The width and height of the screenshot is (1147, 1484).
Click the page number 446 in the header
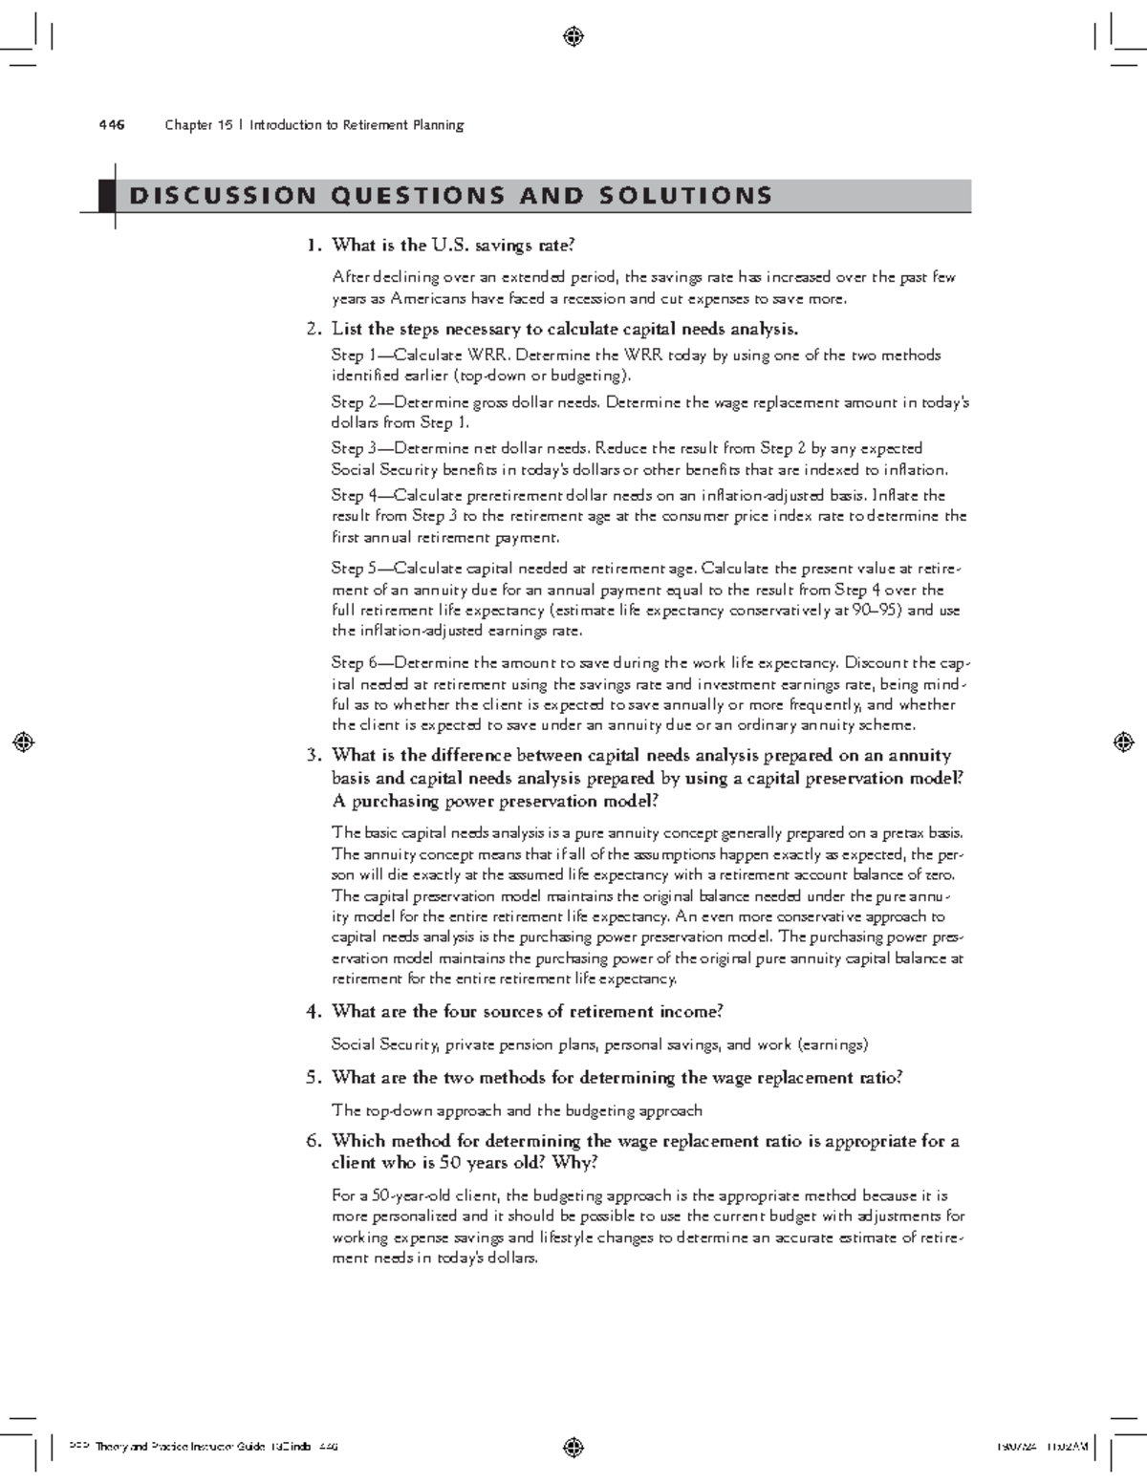(x=111, y=125)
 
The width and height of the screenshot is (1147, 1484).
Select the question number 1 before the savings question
(x=312, y=246)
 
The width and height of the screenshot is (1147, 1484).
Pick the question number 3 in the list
(x=312, y=756)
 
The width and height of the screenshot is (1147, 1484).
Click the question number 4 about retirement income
(x=312, y=1012)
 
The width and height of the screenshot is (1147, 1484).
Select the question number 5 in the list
(x=312, y=1078)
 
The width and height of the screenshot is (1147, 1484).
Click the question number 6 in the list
(x=312, y=1141)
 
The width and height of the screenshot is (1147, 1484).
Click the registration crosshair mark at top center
(x=573, y=37)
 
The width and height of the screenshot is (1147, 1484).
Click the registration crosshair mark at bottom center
(x=573, y=1446)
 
